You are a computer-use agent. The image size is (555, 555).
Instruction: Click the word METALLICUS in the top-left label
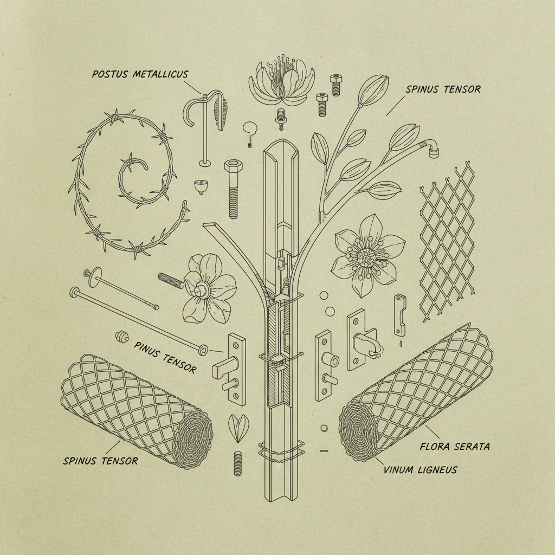[160, 74]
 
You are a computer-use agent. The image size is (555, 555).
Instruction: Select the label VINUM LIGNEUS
[420, 470]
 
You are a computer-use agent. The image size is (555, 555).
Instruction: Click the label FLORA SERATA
[455, 447]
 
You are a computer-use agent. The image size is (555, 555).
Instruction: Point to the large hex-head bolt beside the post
[233, 189]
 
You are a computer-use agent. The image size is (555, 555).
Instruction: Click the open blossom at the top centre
[282, 81]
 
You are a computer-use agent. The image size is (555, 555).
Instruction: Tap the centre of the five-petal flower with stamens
[368, 257]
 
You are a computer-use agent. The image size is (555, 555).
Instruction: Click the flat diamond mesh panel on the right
[447, 241]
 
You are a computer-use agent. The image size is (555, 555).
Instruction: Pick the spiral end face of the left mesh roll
[192, 440]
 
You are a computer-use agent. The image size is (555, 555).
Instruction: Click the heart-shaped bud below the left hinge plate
[238, 428]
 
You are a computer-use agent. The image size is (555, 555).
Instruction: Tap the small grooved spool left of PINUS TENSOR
[122, 337]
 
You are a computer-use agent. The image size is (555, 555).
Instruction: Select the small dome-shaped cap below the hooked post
[201, 187]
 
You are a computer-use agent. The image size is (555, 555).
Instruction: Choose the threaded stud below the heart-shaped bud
[238, 463]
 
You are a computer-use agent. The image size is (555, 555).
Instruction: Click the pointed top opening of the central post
[281, 153]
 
